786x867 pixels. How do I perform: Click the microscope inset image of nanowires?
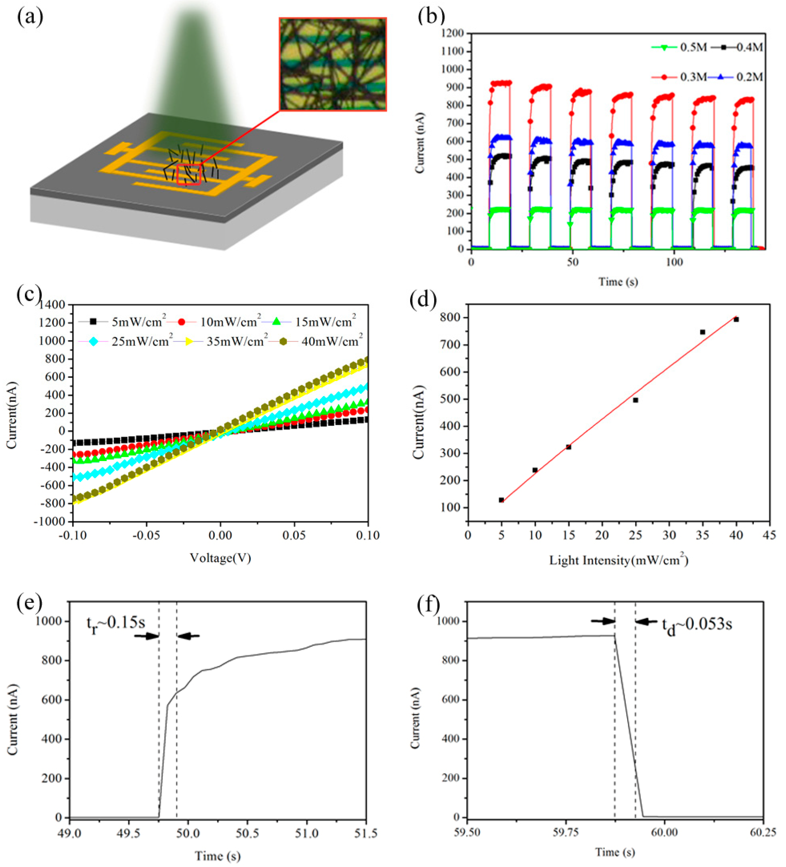[332, 64]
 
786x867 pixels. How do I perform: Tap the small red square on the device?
[189, 175]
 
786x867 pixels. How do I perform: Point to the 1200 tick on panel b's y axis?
[454, 33]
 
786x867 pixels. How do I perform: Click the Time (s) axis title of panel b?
[618, 282]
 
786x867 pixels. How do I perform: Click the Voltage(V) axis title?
[220, 558]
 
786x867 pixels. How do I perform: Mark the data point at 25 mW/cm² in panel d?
[635, 400]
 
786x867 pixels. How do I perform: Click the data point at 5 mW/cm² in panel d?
[501, 500]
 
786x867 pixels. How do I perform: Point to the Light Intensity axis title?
[619, 560]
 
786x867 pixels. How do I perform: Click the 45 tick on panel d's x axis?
[769, 535]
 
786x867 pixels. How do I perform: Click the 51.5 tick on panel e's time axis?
[366, 834]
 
